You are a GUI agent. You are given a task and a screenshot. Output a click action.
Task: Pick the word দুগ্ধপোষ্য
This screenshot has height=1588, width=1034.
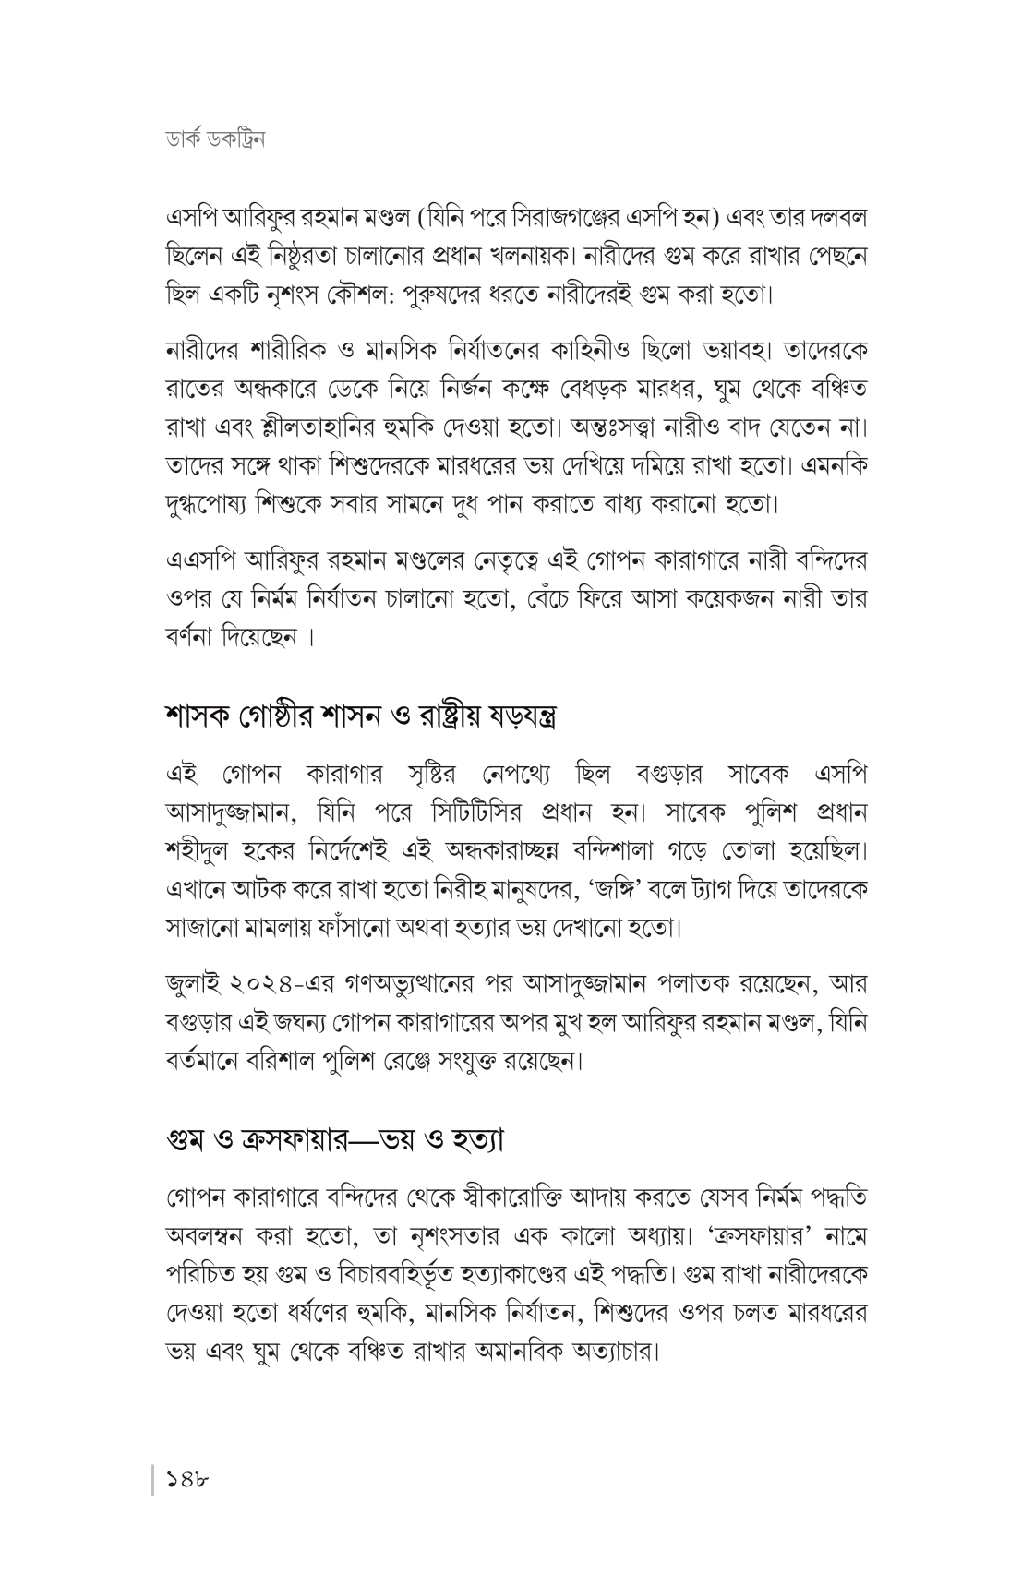click(209, 505)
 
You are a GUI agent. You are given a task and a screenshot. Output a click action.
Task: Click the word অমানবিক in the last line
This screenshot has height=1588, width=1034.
click(528, 1355)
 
